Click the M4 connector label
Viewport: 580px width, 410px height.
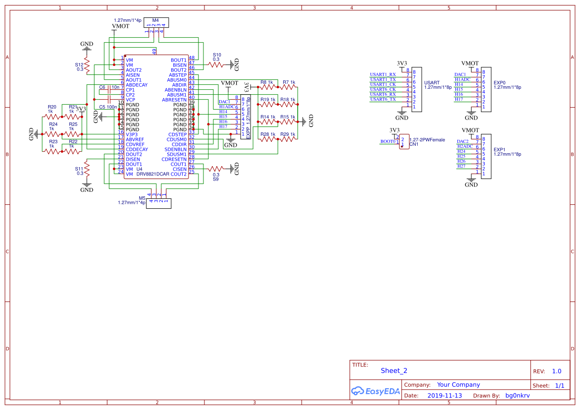pos(155,20)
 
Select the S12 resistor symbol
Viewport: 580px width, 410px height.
pos(87,66)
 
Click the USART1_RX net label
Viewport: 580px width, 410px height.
pos(383,74)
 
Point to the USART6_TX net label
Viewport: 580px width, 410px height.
pos(383,99)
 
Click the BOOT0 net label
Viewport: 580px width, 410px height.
pos(388,141)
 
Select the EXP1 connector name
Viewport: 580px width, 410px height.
pos(499,149)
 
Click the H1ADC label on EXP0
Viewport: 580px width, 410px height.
pos(462,79)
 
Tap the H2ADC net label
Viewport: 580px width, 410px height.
pos(465,146)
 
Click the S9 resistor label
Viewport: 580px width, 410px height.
pos(216,179)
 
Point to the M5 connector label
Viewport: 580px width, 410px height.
pos(142,197)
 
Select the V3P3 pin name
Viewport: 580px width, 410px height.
pos(131,134)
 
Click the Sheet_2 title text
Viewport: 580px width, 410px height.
pos(394,370)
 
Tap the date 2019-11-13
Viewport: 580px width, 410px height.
pos(445,396)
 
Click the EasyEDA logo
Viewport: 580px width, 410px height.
pos(375,391)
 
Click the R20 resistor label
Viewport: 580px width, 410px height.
pos(52,107)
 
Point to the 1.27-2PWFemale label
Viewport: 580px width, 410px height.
pos(427,140)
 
